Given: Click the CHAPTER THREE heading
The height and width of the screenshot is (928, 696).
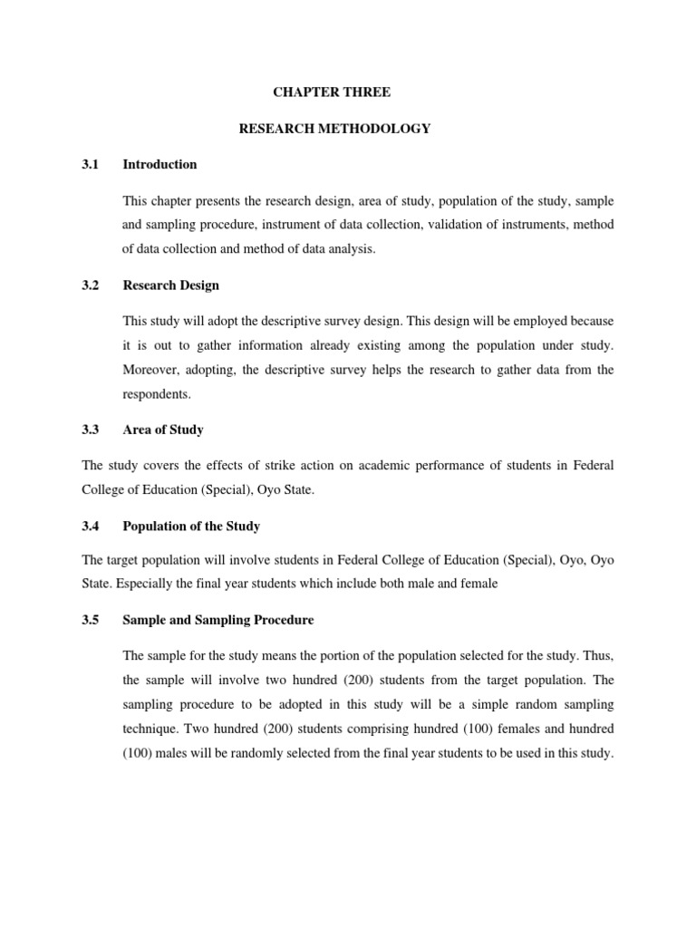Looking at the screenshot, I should coord(334,92).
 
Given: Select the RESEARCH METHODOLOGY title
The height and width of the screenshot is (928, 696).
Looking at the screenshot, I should coord(334,129).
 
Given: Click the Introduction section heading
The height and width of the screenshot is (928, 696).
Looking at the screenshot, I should coord(159,164).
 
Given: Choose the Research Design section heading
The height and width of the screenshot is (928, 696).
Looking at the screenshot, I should coord(170,285).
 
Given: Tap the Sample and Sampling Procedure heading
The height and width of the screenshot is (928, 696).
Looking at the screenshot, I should coord(217,621).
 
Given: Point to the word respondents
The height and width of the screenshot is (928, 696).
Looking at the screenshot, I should coord(156,394).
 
